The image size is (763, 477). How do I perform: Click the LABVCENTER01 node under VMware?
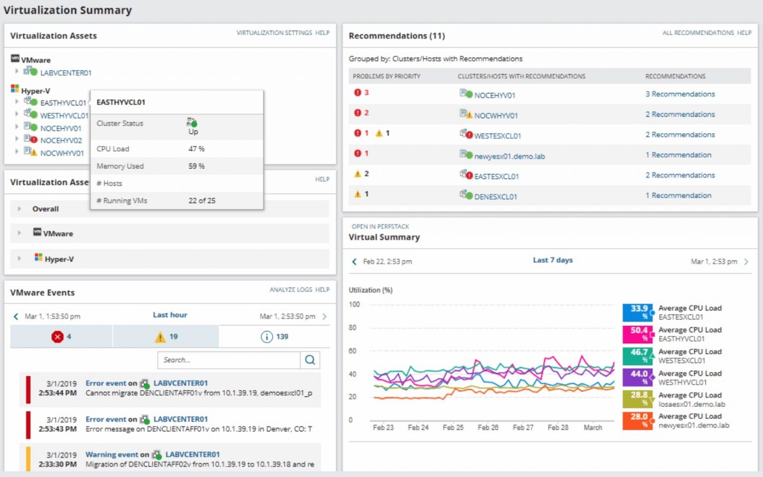point(66,73)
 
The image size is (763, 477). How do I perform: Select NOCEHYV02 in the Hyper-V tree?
point(61,141)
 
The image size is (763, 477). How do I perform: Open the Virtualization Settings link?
point(274,33)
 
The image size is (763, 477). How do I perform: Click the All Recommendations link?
point(697,33)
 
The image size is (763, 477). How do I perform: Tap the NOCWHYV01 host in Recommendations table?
point(495,116)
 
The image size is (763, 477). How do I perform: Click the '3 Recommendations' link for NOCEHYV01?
point(680,94)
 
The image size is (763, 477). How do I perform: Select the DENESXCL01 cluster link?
point(495,197)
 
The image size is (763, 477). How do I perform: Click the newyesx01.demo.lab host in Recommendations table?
point(509,157)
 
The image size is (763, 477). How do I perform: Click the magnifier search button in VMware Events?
point(310,360)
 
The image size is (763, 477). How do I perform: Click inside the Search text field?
point(229,360)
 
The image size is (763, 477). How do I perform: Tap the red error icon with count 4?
point(58,337)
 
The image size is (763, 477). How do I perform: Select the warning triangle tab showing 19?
point(160,337)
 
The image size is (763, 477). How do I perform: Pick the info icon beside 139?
point(267,337)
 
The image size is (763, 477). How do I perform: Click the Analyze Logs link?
point(291,290)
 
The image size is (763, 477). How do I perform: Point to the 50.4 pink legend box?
point(637,334)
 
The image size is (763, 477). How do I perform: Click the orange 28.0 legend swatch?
point(637,420)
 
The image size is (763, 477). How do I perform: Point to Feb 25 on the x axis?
point(453,427)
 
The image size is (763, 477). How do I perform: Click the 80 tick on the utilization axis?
point(352,328)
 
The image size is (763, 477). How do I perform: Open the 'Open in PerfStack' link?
point(380,227)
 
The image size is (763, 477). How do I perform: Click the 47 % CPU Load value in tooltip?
point(196,149)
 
